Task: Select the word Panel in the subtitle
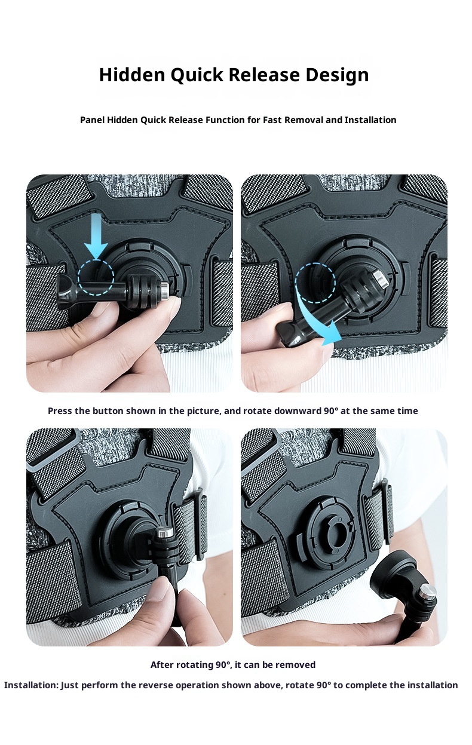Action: [92, 120]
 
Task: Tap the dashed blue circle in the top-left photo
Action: [96, 277]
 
